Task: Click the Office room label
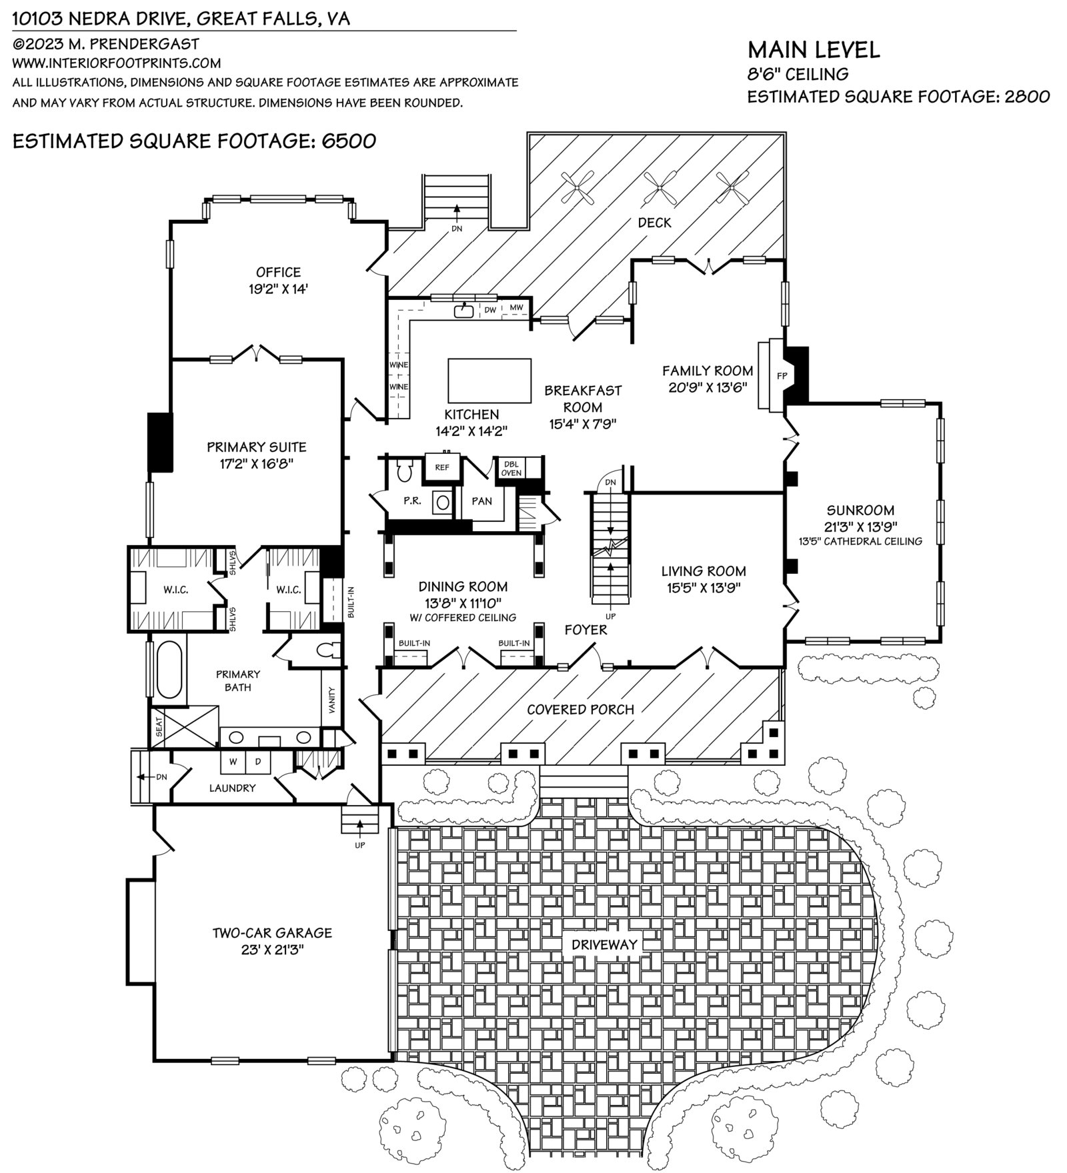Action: click(x=278, y=272)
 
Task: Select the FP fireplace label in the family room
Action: click(x=782, y=376)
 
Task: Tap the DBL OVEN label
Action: click(x=511, y=468)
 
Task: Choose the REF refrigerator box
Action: click(x=442, y=467)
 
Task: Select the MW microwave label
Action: click(x=516, y=307)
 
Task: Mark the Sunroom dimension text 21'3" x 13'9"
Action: click(x=860, y=526)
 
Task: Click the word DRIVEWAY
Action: click(x=604, y=944)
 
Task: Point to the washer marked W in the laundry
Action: click(x=233, y=761)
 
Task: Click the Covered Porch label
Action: click(x=580, y=710)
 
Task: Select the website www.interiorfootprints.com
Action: click(x=117, y=63)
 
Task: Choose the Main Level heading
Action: click(x=814, y=49)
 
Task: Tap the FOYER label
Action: click(x=586, y=629)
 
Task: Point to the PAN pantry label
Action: click(x=481, y=501)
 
